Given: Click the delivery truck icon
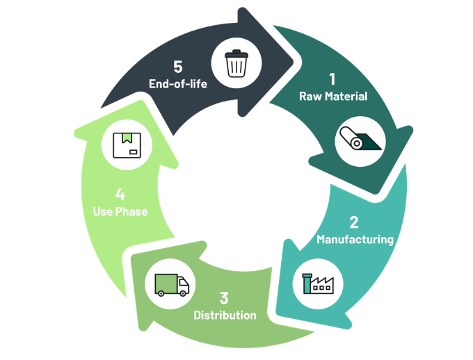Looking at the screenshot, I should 171,284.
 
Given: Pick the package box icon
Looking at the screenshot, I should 127,145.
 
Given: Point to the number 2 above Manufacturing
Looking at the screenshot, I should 354,223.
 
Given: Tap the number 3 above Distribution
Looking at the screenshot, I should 224,298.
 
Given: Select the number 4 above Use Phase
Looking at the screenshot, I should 120,194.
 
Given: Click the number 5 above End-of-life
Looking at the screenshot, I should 178,67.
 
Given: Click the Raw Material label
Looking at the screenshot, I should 333,96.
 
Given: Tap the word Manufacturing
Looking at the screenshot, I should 355,240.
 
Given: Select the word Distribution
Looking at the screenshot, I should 225,316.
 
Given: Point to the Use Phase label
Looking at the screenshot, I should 120,211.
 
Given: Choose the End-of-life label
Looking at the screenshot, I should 178,84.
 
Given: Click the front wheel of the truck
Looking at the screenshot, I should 182,293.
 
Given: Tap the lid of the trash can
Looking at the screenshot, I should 236,53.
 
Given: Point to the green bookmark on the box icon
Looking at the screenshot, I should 127,138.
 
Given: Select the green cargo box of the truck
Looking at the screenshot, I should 166,281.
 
